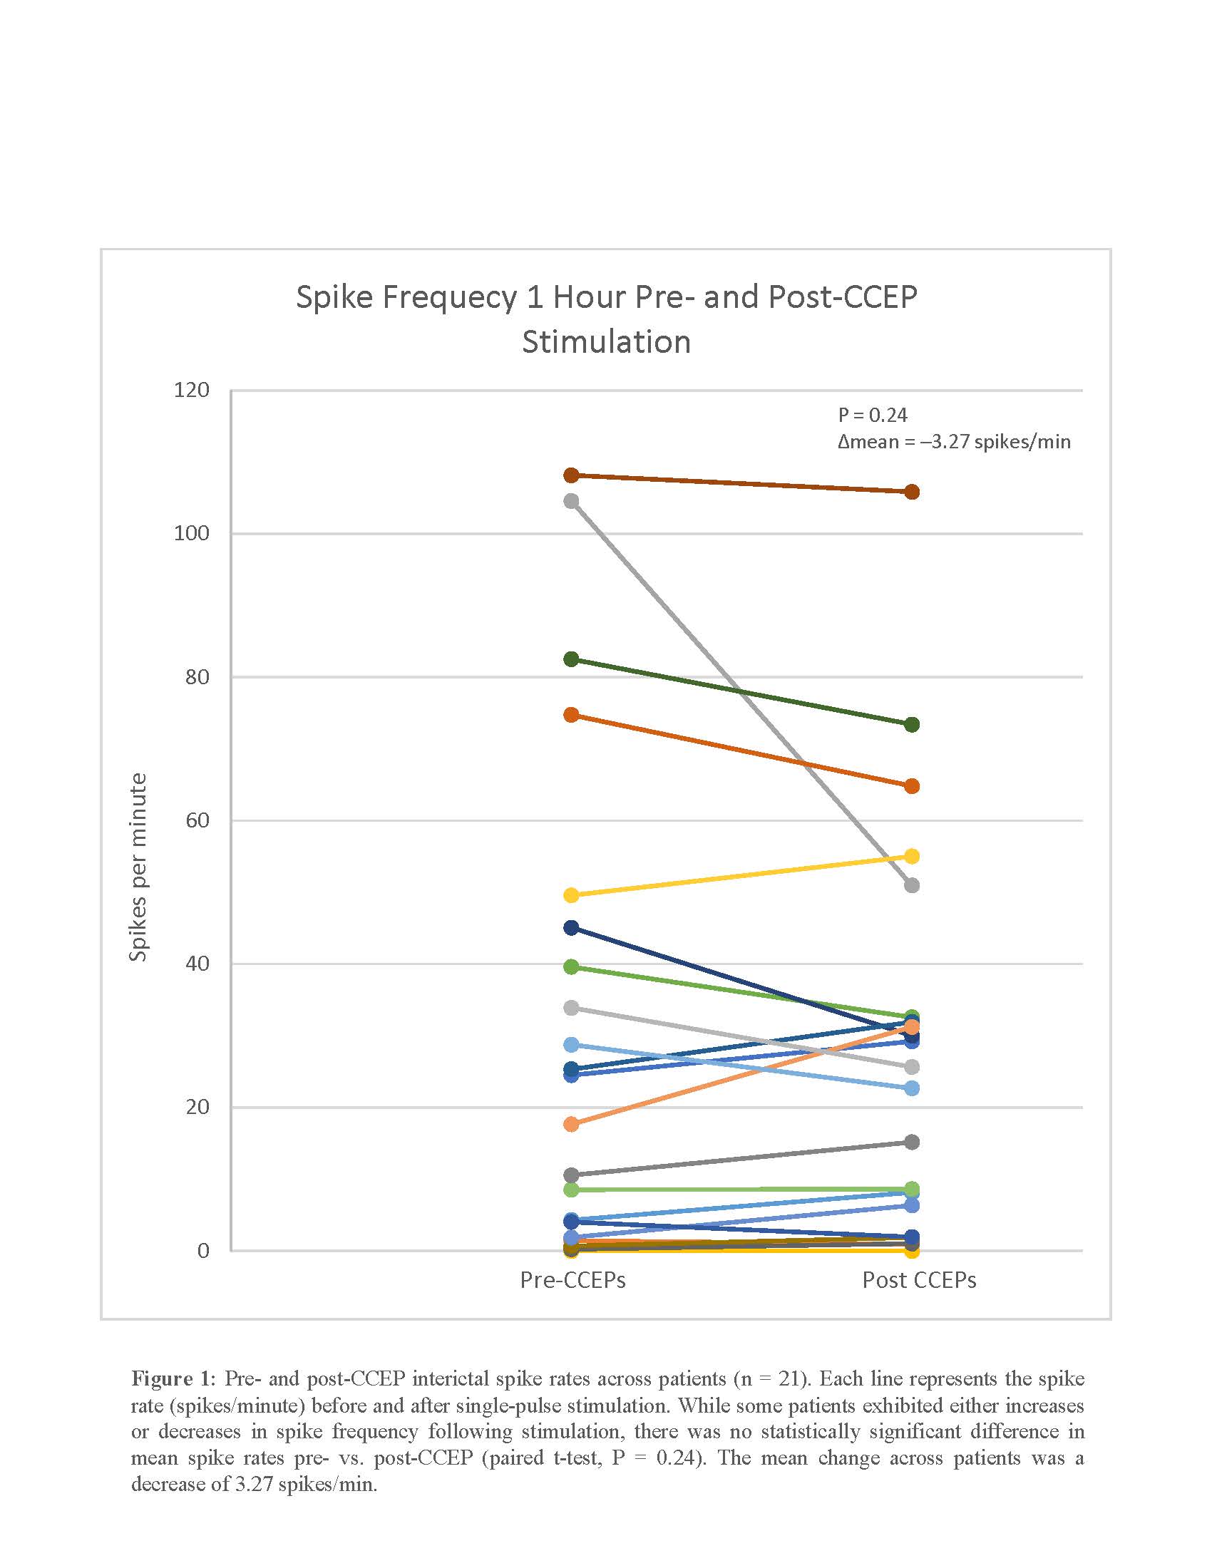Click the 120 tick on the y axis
click(192, 391)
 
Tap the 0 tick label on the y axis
click(203, 1250)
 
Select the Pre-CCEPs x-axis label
click(572, 1280)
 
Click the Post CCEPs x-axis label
click(918, 1280)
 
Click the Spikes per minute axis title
click(138, 867)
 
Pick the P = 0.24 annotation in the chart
click(873, 415)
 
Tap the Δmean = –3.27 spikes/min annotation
click(953, 442)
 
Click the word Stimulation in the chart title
click(606, 341)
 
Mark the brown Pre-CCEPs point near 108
click(572, 475)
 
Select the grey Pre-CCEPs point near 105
click(572, 501)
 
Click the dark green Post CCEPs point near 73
click(912, 724)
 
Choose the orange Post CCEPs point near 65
click(912, 786)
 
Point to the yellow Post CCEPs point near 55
click(912, 856)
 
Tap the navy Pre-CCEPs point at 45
click(572, 928)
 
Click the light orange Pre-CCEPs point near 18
click(572, 1124)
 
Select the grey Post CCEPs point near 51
click(912, 885)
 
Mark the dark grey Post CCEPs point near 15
click(912, 1143)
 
